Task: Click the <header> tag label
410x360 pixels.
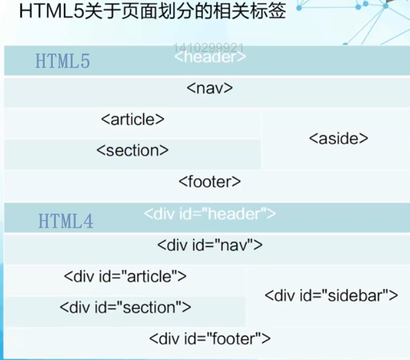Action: point(210,58)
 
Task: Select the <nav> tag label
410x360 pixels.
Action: point(209,88)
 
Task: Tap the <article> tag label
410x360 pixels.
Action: point(132,119)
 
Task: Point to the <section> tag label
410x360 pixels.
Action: point(132,150)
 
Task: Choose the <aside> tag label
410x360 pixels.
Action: point(339,138)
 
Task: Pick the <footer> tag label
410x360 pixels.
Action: point(209,182)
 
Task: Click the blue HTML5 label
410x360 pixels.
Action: point(63,62)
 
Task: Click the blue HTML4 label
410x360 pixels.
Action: point(66,222)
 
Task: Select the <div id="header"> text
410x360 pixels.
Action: point(210,214)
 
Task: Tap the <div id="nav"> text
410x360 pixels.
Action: point(210,245)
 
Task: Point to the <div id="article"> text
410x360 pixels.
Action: point(125,276)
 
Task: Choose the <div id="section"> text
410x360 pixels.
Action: point(125,307)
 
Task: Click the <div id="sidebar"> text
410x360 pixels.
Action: point(331,295)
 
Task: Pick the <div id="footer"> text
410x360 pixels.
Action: point(210,339)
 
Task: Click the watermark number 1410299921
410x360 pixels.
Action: point(209,47)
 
